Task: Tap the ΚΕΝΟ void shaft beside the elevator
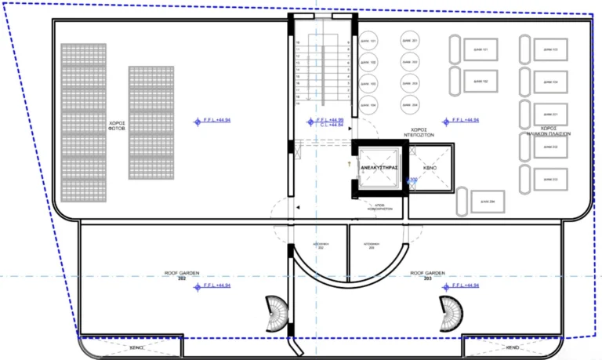click(x=430, y=168)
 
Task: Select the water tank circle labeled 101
click(x=368, y=41)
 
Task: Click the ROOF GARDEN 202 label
click(x=182, y=275)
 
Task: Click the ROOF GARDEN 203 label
click(x=427, y=275)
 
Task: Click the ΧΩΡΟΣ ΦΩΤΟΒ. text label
click(x=118, y=126)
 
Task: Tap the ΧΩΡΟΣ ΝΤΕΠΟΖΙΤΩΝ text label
click(x=419, y=132)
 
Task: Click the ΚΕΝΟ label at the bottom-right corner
click(x=513, y=347)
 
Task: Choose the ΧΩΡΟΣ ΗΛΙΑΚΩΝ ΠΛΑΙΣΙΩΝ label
click(x=548, y=131)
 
